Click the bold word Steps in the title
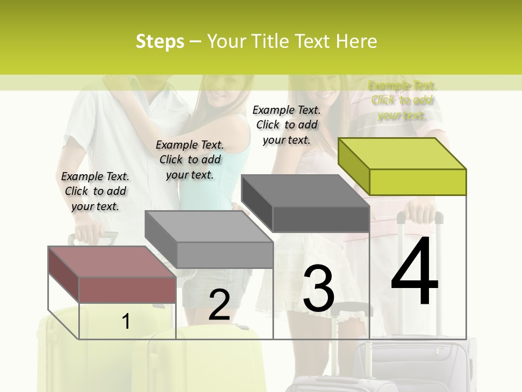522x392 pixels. (x=160, y=41)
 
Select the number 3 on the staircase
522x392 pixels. (x=319, y=289)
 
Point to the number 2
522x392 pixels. (x=219, y=305)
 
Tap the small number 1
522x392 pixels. (x=126, y=322)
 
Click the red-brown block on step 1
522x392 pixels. (x=113, y=275)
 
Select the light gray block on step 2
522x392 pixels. (x=209, y=240)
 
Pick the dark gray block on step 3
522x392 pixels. (x=306, y=203)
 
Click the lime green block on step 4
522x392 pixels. (x=402, y=166)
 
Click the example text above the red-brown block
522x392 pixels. (x=95, y=191)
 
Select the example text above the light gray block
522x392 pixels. (x=190, y=160)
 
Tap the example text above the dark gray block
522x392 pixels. (x=287, y=125)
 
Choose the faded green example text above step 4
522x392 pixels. (x=402, y=100)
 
